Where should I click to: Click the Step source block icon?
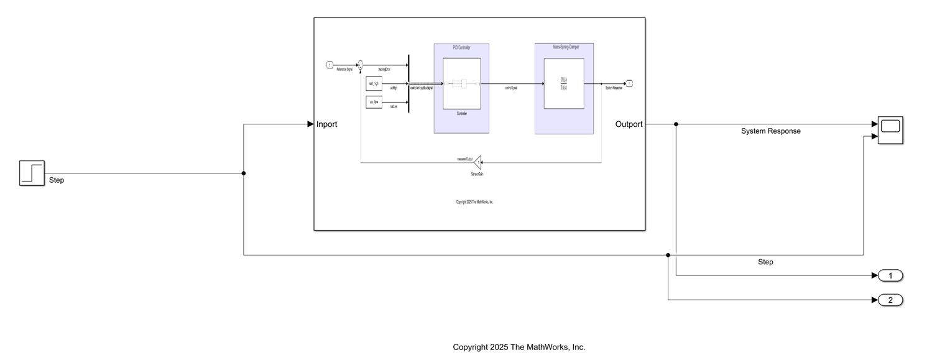[32, 173]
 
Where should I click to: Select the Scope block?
[890, 130]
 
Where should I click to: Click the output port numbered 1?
[890, 275]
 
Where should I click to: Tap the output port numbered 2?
[890, 300]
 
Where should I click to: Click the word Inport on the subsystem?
[326, 124]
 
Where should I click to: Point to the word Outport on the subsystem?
[629, 124]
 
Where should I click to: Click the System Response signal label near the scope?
[770, 131]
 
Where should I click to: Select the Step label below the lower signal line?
[765, 262]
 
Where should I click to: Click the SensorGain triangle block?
[478, 162]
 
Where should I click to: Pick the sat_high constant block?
[374, 83]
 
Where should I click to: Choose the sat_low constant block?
[374, 102]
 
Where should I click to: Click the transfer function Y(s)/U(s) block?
[563, 83]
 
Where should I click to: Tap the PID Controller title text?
[461, 48]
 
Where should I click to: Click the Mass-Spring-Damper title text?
[564, 47]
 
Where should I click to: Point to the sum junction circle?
[360, 65]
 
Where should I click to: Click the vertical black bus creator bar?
[408, 83]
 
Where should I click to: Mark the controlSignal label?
[512, 88]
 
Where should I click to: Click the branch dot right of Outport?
[676, 124]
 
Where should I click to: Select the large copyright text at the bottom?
[519, 347]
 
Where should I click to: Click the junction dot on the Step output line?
[243, 173]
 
